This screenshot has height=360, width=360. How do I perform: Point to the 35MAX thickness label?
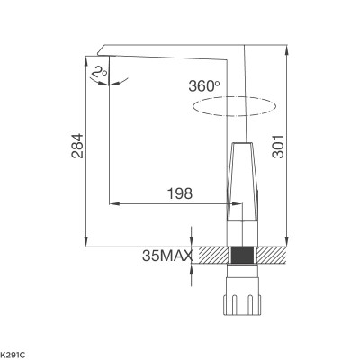coord(167,256)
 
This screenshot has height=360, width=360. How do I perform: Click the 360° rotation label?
coord(204,86)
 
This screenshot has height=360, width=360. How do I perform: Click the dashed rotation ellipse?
coord(229,107)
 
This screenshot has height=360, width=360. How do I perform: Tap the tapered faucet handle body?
coord(241,180)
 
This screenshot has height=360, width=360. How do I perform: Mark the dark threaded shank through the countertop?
coord(240,256)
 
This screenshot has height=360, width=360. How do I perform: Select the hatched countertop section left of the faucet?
coord(212,256)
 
